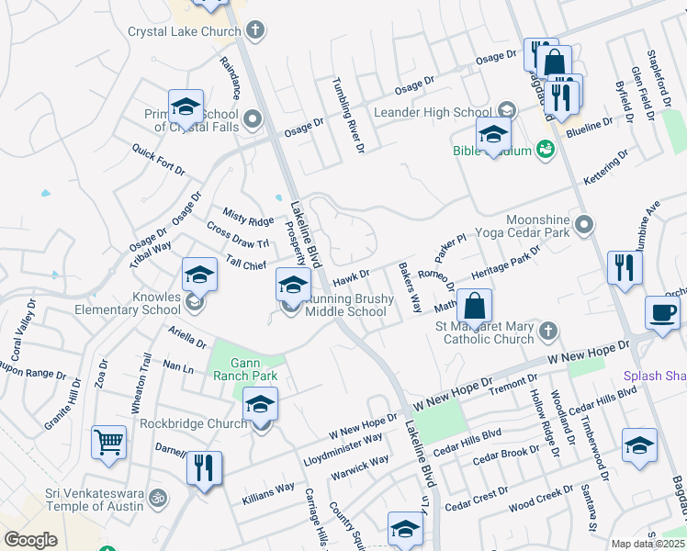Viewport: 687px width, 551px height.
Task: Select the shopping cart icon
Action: (x=108, y=443)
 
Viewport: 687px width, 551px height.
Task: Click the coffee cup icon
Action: (x=662, y=311)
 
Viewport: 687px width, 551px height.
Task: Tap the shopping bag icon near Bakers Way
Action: (x=474, y=305)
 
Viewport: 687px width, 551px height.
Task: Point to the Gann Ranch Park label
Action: (x=245, y=368)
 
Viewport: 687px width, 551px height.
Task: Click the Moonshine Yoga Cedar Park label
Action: (x=538, y=225)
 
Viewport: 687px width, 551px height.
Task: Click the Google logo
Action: (x=30, y=540)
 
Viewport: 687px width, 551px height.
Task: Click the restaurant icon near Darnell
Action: (x=204, y=467)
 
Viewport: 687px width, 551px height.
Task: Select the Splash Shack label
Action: (x=654, y=375)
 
